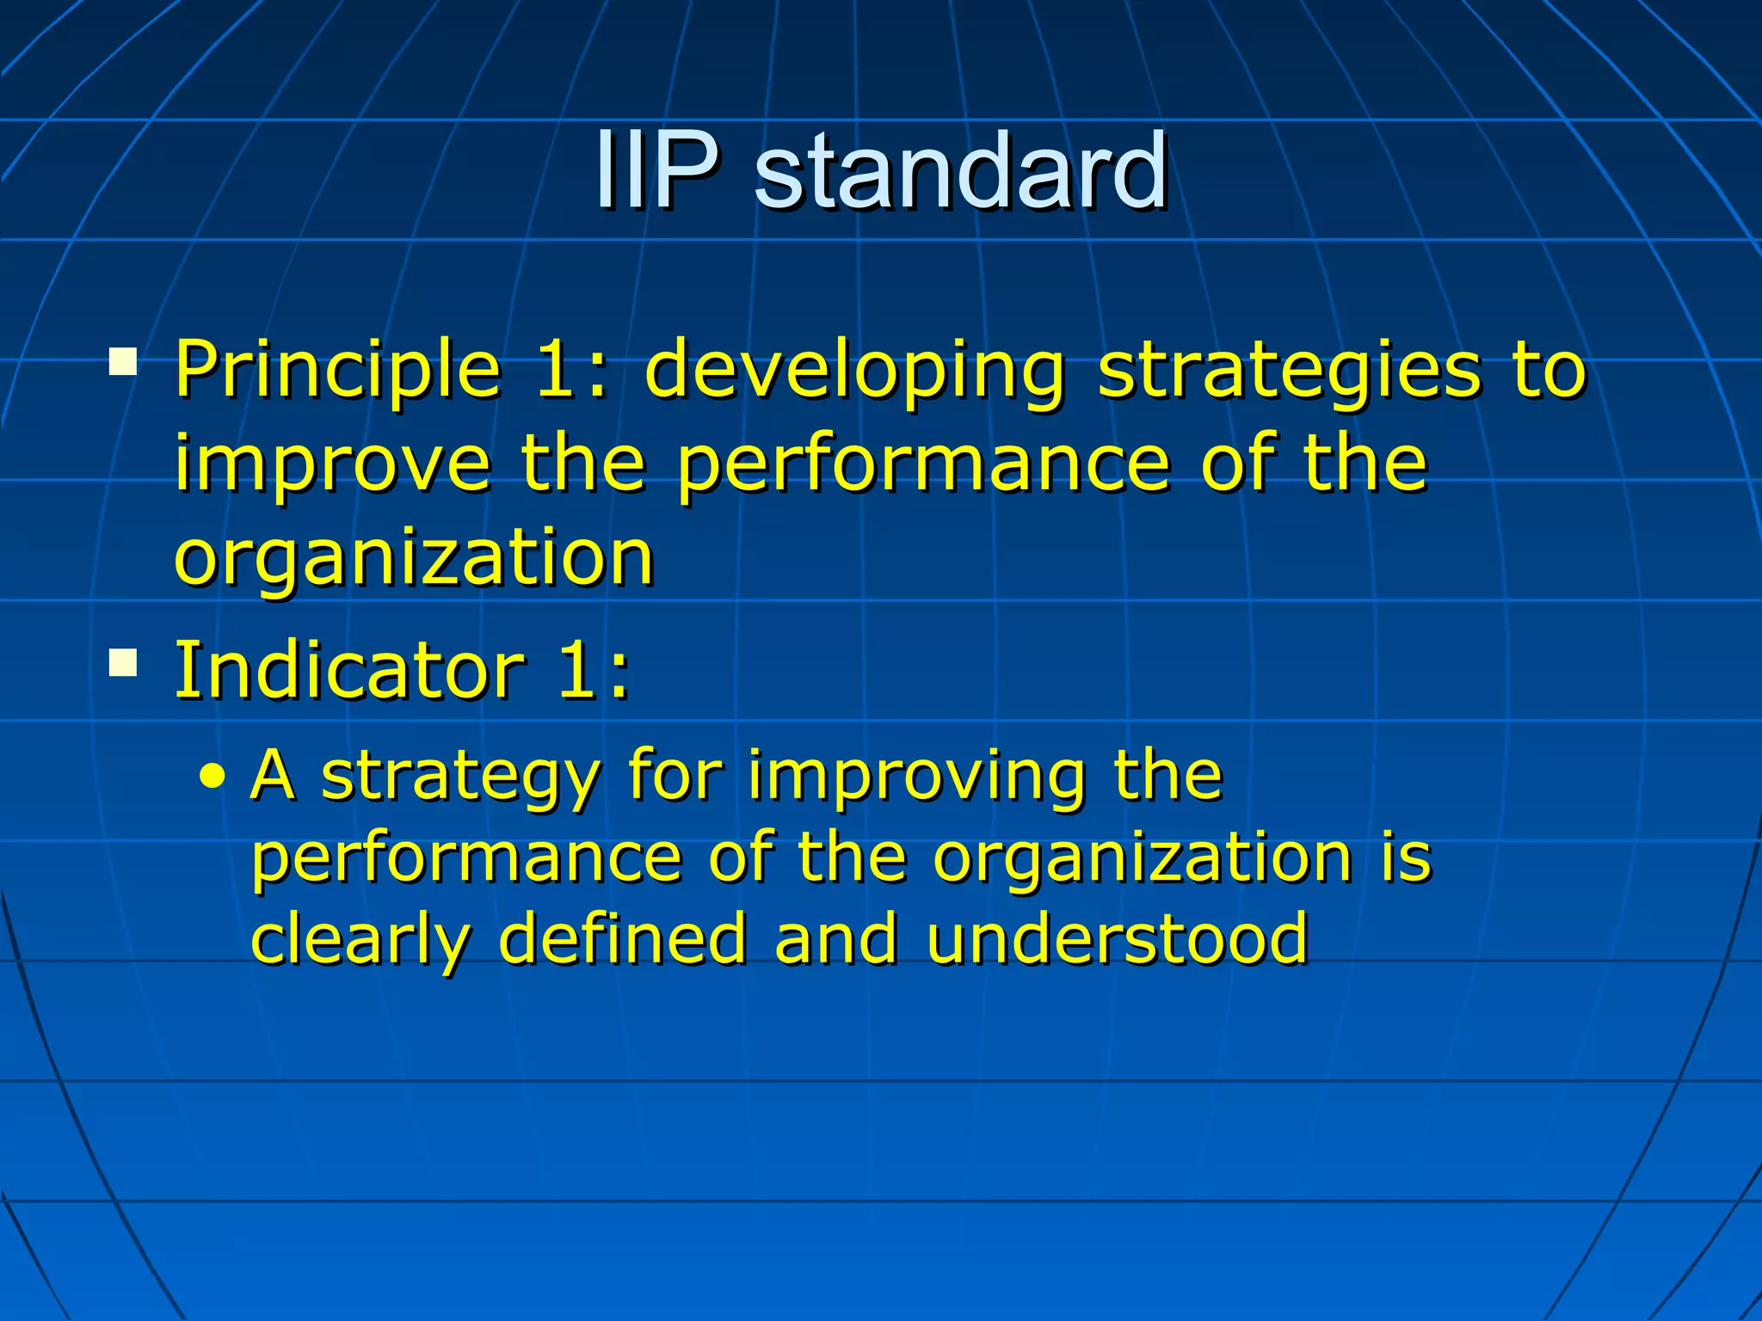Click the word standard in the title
tap(960, 171)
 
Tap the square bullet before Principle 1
tap(123, 362)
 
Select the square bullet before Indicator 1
tap(123, 663)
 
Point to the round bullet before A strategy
tap(212, 777)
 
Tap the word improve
tap(332, 465)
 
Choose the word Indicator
tap(349, 670)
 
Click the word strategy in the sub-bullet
tap(459, 777)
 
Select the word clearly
tap(360, 940)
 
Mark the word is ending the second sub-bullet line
tap(1406, 857)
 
